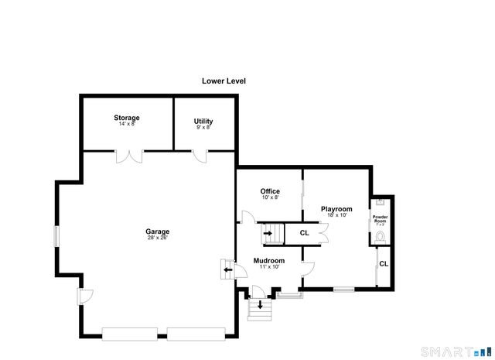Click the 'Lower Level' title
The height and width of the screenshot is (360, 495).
224,81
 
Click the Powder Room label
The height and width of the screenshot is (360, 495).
380,219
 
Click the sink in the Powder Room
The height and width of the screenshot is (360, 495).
379,202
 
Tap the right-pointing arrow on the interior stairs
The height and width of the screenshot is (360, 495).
268,232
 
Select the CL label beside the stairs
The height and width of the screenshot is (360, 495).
304,232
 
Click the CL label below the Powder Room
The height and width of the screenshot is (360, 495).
384,264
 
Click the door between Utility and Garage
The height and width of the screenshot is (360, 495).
200,157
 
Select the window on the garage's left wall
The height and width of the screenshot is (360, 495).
54,236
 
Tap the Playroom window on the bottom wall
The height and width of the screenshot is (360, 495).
343,290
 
